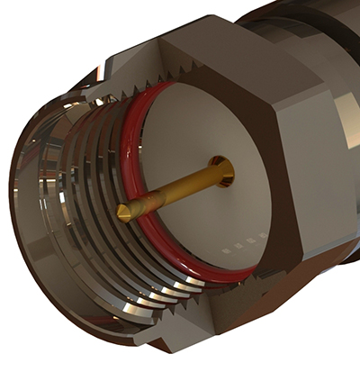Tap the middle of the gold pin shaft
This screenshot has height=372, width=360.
click(x=171, y=190)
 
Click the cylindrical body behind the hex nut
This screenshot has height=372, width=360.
click(x=306, y=27)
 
